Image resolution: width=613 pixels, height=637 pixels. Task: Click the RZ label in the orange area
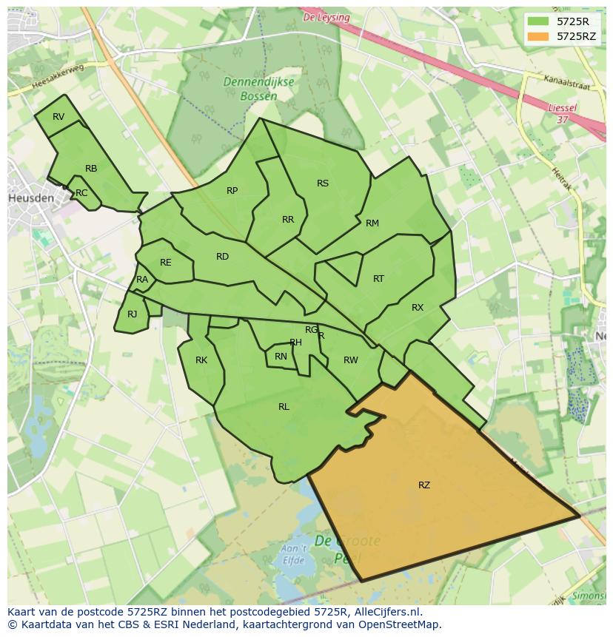click(x=423, y=485)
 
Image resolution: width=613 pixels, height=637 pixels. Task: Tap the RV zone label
click(x=58, y=117)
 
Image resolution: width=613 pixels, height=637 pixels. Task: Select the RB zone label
click(x=91, y=169)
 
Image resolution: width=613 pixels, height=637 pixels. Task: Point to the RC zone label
click(x=81, y=193)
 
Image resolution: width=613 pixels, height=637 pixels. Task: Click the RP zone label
click(x=232, y=191)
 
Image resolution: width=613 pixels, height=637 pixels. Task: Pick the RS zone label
click(x=323, y=183)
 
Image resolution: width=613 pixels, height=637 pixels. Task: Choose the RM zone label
click(x=372, y=223)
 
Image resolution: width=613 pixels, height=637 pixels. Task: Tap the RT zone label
click(x=378, y=279)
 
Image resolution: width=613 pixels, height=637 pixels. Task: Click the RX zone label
click(x=418, y=308)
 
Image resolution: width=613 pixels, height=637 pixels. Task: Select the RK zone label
click(x=201, y=360)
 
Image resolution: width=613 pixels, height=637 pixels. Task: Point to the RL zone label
click(x=284, y=407)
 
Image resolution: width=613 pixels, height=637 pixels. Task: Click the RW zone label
click(x=351, y=360)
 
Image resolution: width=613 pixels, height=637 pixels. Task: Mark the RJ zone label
click(x=132, y=314)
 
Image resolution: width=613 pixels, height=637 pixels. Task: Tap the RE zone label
click(x=165, y=263)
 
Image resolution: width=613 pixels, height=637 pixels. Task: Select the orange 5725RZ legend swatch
click(x=537, y=36)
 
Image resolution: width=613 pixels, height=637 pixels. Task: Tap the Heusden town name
click(x=31, y=198)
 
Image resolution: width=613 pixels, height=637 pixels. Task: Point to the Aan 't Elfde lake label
click(x=294, y=554)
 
